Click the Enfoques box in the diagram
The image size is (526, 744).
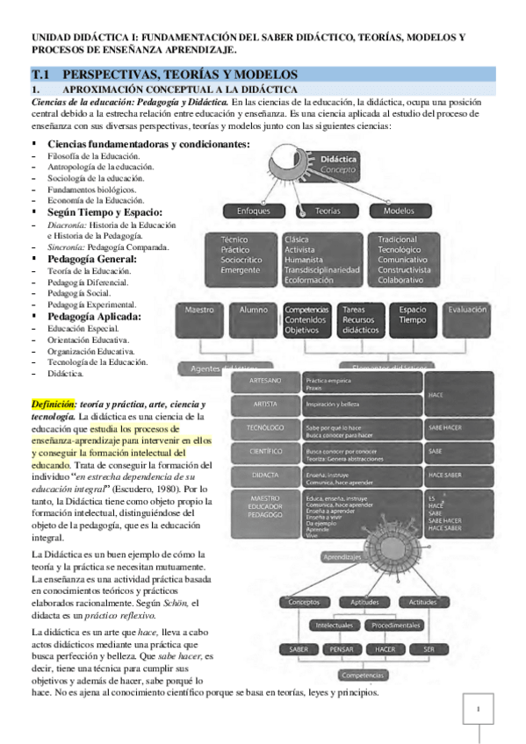click(253, 211)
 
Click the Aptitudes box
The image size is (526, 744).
click(364, 602)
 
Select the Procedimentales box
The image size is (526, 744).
click(395, 626)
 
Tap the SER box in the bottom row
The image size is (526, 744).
click(429, 649)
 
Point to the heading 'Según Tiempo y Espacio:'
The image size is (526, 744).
click(104, 211)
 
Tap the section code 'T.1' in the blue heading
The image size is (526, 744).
click(44, 75)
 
